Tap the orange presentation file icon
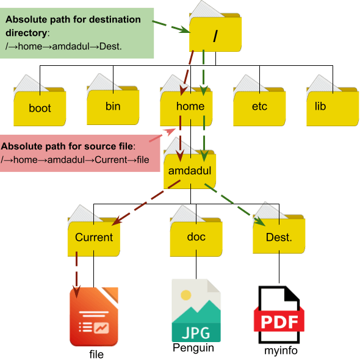(93, 320)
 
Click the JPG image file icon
(196, 313)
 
